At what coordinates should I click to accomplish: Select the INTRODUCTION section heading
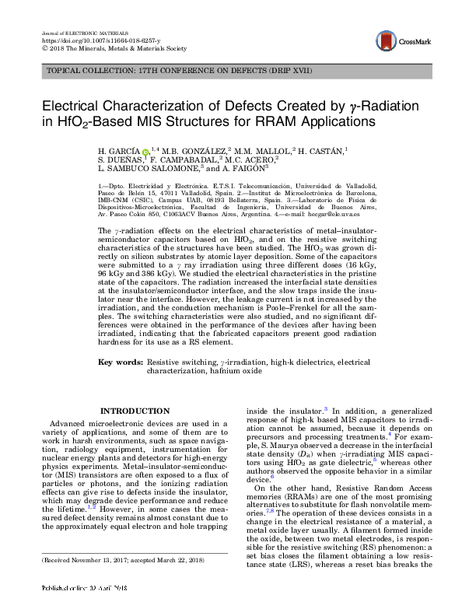click(135, 411)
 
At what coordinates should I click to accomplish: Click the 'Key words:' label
click(121, 362)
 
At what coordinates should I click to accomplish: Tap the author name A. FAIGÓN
click(246, 167)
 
